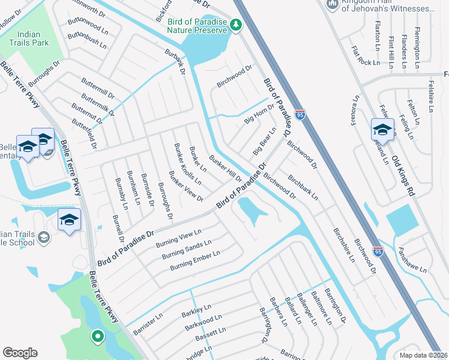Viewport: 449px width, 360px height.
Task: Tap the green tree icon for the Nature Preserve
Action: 237,24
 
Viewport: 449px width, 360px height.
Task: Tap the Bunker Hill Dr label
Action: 225,169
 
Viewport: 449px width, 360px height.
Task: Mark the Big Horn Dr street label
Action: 259,115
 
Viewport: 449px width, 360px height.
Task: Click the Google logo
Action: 20,353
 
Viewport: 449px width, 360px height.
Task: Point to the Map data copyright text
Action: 424,355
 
